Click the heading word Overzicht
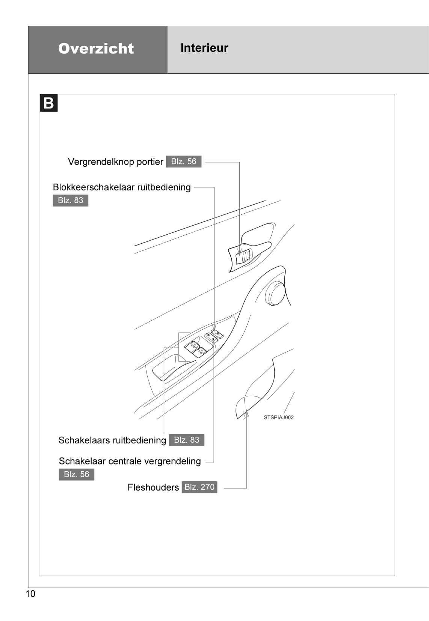96,48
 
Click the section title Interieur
204,48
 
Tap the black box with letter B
49,103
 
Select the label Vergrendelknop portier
115,162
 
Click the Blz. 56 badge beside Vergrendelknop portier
184,161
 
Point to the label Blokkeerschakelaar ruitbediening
122,187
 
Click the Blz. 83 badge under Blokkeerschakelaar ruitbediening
71,200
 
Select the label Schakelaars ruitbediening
112,440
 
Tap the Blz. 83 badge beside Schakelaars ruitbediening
187,440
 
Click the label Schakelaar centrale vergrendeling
130,461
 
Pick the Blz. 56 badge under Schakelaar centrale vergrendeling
77,475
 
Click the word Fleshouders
153,488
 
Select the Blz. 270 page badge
199,487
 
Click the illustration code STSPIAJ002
278,418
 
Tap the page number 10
30,594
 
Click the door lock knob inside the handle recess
245,256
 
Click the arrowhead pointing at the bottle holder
246,413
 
